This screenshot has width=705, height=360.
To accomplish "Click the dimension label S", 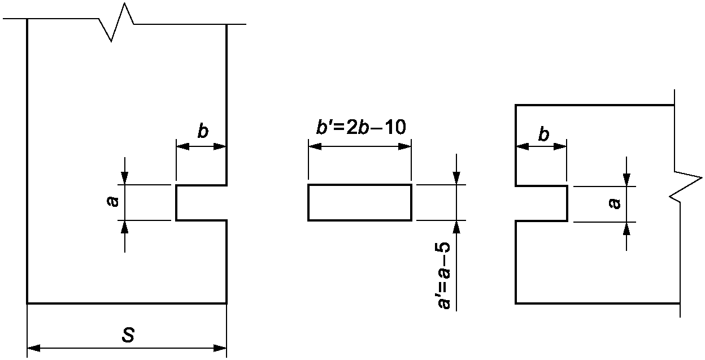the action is point(128,335).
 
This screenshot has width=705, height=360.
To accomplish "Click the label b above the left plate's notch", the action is point(202,132).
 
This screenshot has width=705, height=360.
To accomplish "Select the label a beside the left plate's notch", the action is point(114,201).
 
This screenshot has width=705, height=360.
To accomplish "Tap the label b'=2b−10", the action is point(360,128).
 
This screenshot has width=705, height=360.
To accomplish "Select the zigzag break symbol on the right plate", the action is point(685,186).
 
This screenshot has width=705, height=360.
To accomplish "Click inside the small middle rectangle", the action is point(359,202).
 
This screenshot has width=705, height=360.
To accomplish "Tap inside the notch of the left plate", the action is point(201,202).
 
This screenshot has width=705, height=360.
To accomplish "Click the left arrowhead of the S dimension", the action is point(33,348).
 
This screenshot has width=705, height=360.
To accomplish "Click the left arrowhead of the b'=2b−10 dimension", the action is point(314,146).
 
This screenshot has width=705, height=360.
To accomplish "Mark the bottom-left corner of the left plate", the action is point(28,303).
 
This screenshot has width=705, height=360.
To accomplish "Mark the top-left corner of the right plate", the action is point(516,105).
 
